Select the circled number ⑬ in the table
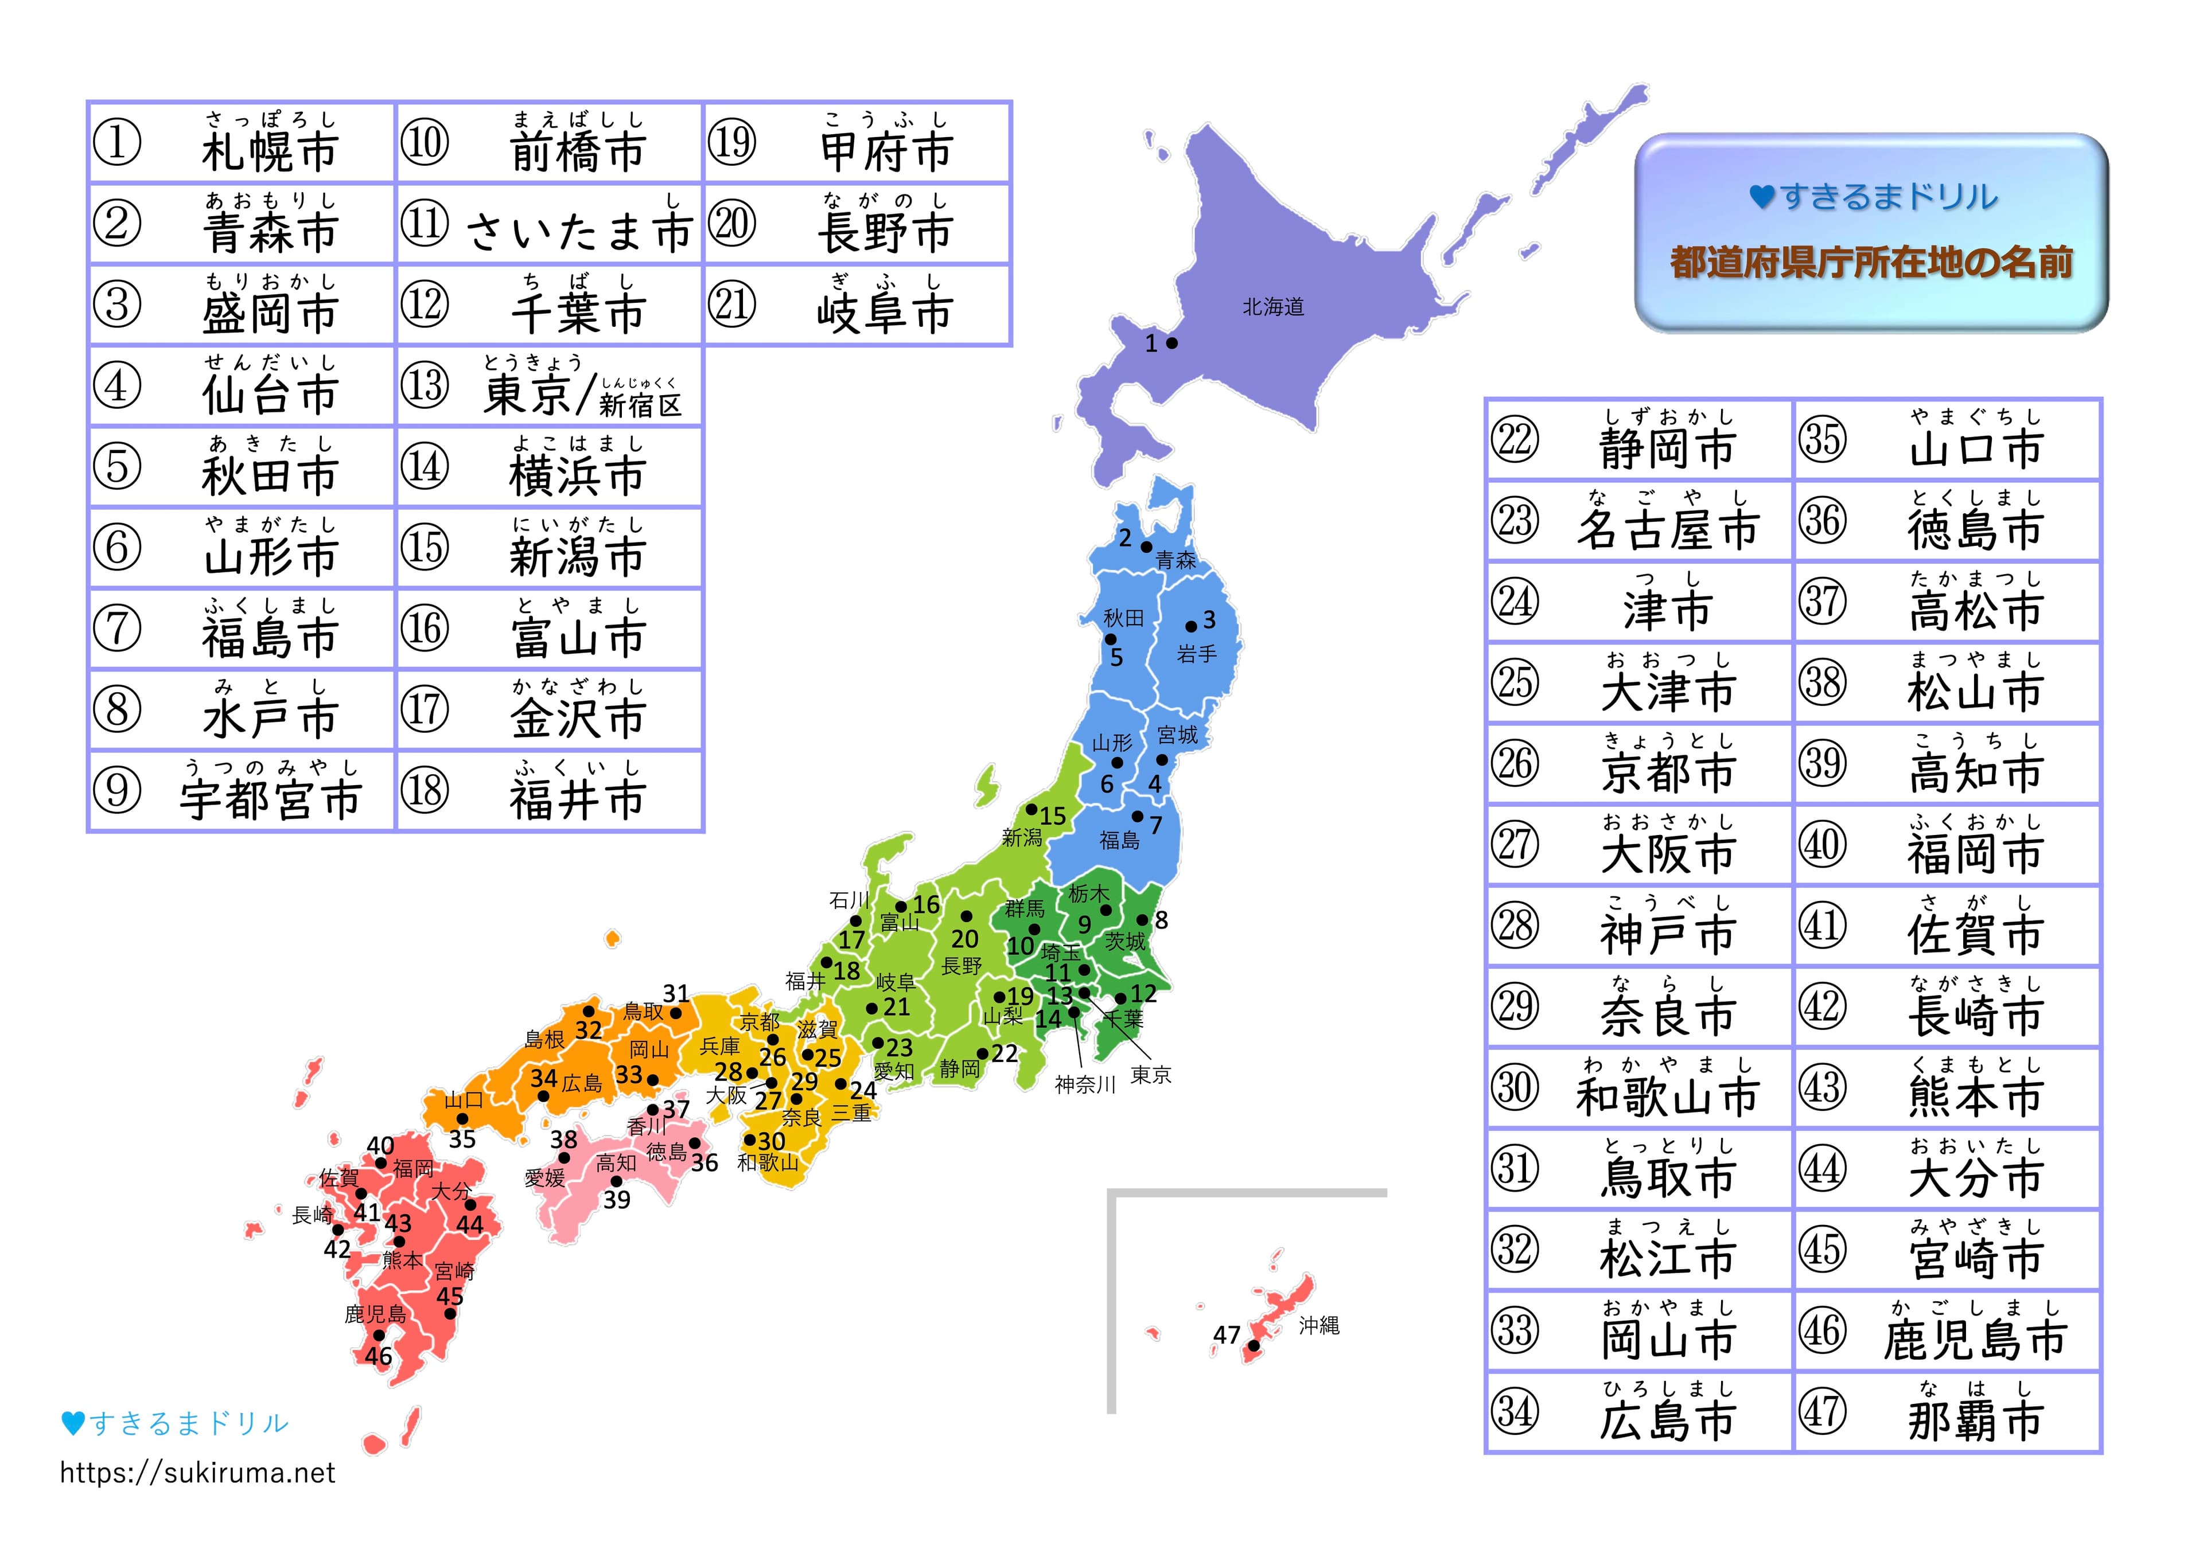click(x=424, y=385)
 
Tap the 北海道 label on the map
click(x=1273, y=307)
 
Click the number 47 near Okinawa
click(x=1226, y=1334)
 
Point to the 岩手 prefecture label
click(x=1197, y=654)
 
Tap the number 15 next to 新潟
click(x=1053, y=817)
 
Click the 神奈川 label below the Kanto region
click(x=1085, y=1085)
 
